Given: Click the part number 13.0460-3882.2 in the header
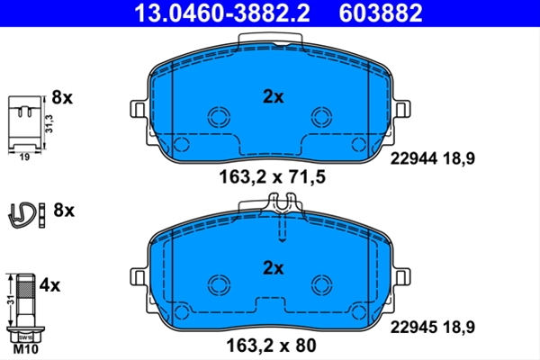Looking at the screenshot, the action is click(222, 13).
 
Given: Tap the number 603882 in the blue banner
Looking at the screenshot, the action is click(381, 13).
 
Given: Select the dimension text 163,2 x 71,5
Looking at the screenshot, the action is click(272, 177).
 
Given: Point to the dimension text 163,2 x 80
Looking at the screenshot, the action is click(271, 346).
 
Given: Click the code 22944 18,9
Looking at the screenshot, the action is click(433, 158).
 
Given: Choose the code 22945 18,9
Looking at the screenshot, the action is click(433, 327).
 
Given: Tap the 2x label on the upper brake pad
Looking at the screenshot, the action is click(273, 97).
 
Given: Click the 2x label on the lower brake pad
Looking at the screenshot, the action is click(273, 267).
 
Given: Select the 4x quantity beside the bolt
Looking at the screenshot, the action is click(49, 285).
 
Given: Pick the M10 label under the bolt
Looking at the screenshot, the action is click(26, 349).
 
